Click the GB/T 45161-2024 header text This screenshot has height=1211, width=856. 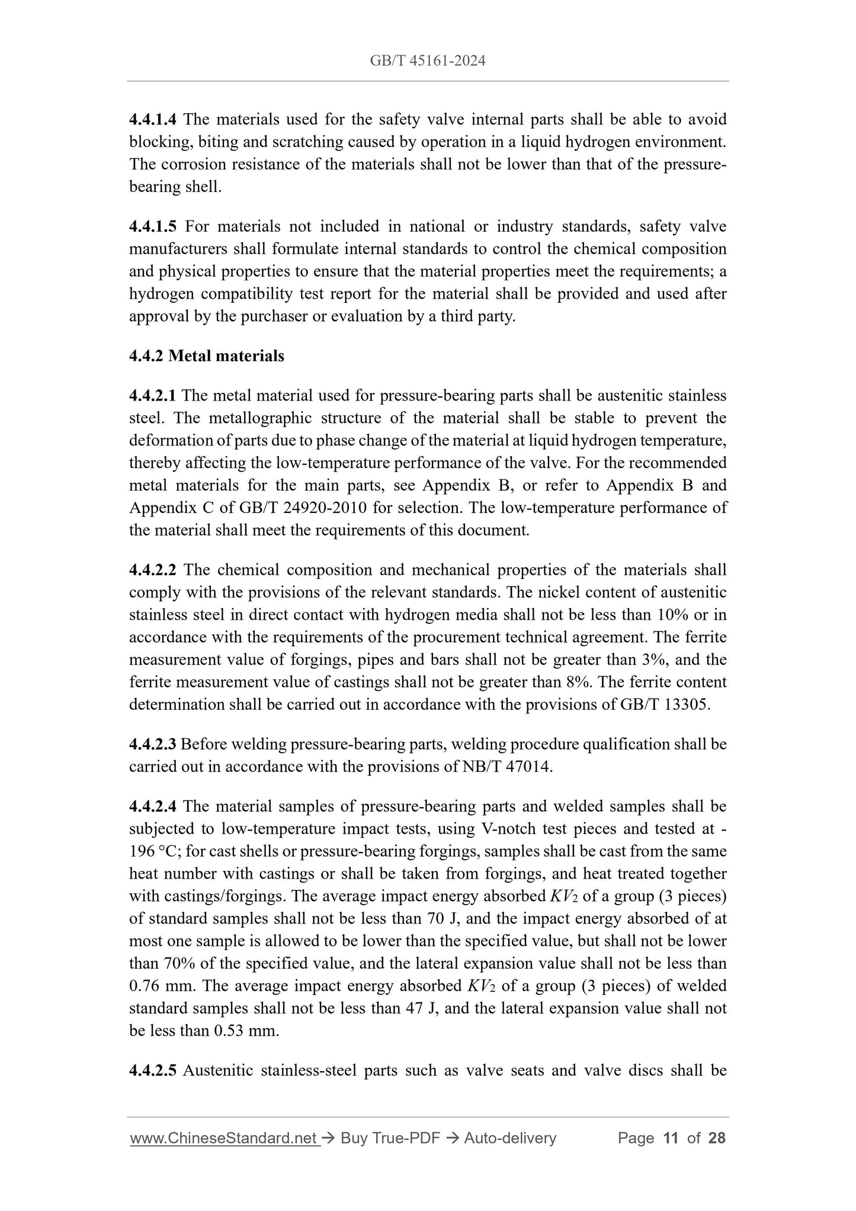coord(427,60)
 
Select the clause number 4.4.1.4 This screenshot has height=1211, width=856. coord(152,120)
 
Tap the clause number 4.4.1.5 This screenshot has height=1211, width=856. coord(152,226)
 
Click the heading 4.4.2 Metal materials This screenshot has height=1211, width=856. coord(206,356)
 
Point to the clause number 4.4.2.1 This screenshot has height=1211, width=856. coord(152,396)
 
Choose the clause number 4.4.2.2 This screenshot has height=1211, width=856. coord(152,570)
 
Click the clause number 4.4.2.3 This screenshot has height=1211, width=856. coord(152,744)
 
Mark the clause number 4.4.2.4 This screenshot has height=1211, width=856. coord(152,806)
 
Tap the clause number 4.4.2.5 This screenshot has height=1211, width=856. coord(152,1071)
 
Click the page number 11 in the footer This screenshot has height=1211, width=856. coord(671,1138)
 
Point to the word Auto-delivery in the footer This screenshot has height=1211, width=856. coord(510,1138)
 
